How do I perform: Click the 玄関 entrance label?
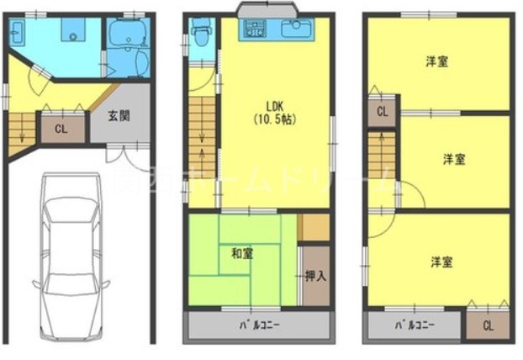coord(119,116)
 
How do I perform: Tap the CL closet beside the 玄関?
coord(61,129)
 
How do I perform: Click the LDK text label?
coord(275,107)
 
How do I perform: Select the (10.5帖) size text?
coord(275,119)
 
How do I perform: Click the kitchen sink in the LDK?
coord(296,29)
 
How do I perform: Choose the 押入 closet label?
coord(314,275)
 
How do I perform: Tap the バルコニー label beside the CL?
coord(412,324)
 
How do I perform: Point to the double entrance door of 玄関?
coord(127,152)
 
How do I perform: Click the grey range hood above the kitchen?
coord(268,10)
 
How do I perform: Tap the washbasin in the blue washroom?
coord(21,35)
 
